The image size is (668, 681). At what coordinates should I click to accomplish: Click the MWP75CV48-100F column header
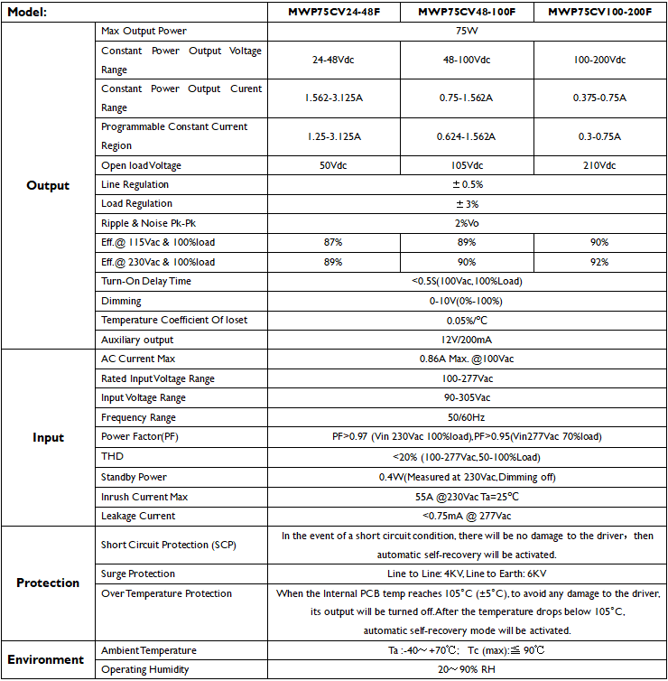[467, 13]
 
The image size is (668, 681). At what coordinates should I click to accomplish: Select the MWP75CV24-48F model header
[334, 13]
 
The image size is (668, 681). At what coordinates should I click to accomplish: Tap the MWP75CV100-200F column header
[599, 13]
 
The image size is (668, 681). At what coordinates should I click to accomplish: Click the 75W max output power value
[467, 32]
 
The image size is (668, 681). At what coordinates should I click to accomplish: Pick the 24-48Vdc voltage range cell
[334, 60]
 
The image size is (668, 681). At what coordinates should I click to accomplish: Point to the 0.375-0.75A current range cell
[599, 98]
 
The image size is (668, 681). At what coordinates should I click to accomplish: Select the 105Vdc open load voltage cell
[467, 165]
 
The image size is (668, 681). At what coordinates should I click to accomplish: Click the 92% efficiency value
[599, 262]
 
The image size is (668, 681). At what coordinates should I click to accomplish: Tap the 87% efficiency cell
[334, 242]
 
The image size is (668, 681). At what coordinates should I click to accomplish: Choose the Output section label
[48, 185]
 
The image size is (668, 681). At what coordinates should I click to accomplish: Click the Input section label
[48, 437]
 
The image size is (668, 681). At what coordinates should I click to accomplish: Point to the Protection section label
[48, 583]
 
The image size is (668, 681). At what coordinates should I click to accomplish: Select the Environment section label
[48, 659]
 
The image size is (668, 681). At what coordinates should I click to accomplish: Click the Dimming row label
[121, 301]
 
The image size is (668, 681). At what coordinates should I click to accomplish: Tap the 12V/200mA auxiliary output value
[467, 340]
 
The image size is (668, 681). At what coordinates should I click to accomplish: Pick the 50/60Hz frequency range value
[467, 417]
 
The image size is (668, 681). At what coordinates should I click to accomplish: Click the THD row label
[112, 456]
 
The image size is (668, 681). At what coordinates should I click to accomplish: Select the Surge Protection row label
[138, 574]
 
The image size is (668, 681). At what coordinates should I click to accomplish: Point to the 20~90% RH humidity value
[467, 669]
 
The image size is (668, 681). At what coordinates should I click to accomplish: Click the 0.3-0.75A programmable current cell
[599, 136]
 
